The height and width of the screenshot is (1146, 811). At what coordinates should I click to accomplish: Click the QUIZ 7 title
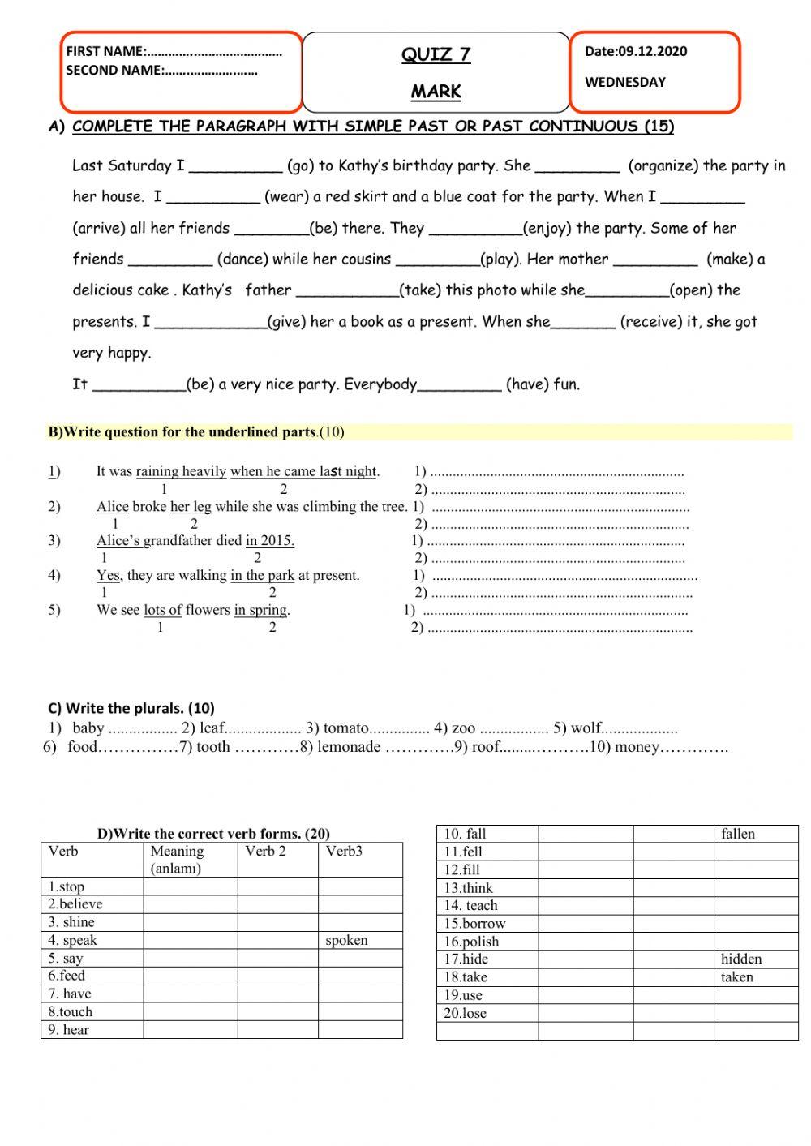pyautogui.click(x=436, y=54)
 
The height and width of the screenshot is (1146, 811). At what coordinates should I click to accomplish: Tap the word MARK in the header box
pyautogui.click(x=436, y=92)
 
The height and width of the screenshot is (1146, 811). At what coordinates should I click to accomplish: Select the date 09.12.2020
pyautogui.click(x=652, y=51)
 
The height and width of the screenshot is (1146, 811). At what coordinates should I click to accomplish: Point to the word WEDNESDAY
pyautogui.click(x=624, y=82)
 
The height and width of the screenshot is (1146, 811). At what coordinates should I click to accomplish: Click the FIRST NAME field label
pyautogui.click(x=106, y=51)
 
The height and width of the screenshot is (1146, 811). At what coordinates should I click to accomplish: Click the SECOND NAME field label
pyautogui.click(x=114, y=71)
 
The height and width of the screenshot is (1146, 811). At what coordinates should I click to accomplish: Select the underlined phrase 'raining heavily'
pyautogui.click(x=181, y=471)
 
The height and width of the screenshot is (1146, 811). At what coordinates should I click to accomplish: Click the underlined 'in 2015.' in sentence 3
pyautogui.click(x=269, y=541)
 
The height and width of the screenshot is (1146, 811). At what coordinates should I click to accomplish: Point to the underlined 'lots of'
pyautogui.click(x=162, y=610)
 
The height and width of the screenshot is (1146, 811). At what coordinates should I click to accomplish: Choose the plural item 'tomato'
pyautogui.click(x=345, y=728)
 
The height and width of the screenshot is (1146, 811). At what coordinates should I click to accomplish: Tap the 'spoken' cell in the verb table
pyautogui.click(x=346, y=940)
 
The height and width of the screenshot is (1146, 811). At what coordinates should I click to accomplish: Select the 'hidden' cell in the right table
pyautogui.click(x=741, y=959)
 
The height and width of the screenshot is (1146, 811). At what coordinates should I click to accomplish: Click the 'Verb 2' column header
pyautogui.click(x=265, y=851)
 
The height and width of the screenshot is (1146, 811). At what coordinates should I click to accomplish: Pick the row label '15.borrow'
pyautogui.click(x=474, y=923)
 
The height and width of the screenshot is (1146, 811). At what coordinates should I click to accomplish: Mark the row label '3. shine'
pyautogui.click(x=71, y=922)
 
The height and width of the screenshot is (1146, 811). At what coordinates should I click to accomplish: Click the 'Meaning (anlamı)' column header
pyautogui.click(x=177, y=859)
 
